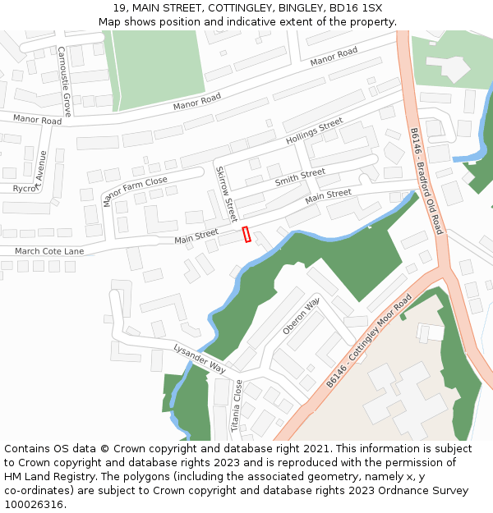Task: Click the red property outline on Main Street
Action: (x=246, y=234)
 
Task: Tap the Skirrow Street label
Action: (x=226, y=193)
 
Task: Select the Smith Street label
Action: (x=300, y=177)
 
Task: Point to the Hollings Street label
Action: (x=314, y=132)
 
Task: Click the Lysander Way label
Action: (x=199, y=359)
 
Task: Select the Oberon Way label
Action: (x=300, y=316)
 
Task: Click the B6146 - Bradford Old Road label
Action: (x=426, y=181)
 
